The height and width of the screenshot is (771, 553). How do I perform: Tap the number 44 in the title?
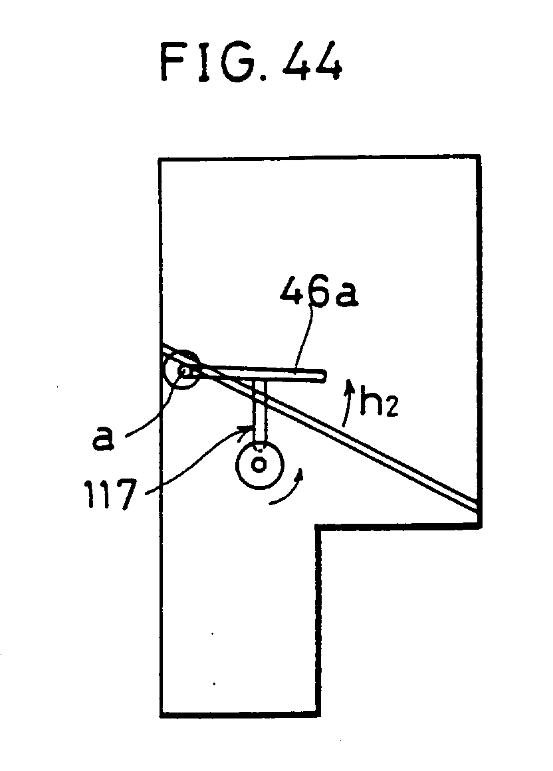[312, 62]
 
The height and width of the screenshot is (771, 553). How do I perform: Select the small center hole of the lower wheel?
[259, 462]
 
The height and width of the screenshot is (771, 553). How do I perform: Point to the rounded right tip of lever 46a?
[323, 377]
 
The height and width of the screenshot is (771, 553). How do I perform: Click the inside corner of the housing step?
[318, 528]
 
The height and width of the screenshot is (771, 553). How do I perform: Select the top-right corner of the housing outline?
[478, 158]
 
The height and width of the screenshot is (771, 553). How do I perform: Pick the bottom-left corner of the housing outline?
[162, 715]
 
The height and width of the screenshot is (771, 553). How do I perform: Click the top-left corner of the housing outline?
[162, 160]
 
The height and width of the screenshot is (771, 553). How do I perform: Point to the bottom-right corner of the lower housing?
[318, 715]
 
